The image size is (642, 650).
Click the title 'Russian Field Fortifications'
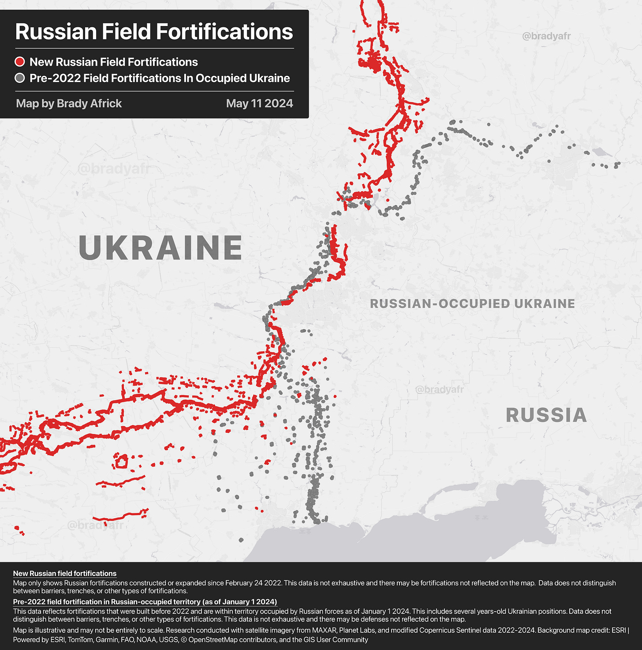point(154,32)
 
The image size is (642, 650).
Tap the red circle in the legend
point(20,62)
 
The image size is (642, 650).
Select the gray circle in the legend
point(20,78)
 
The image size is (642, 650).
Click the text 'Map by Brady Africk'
point(69,104)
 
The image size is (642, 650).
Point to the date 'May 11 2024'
point(259,104)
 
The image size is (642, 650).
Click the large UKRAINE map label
point(160,248)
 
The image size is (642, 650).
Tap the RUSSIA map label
point(546,415)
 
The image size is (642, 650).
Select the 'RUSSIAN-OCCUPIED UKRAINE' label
point(472,304)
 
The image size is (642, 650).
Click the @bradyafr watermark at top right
point(546,36)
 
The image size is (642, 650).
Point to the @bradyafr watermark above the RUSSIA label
point(440,390)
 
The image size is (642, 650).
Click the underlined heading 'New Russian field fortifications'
point(65,573)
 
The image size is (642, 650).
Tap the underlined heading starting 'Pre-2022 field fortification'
point(145,602)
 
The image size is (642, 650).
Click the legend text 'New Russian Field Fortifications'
point(114,62)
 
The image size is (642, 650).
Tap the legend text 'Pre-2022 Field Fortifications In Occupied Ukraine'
point(160,78)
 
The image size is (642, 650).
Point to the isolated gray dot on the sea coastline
point(241,540)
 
